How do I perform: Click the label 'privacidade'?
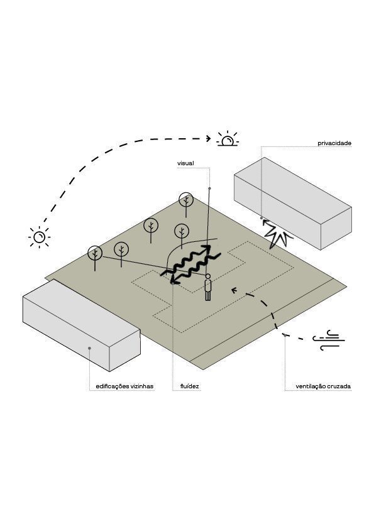point(334,143)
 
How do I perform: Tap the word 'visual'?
point(185,163)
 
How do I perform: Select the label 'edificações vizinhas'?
point(124,386)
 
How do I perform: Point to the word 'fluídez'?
point(190,386)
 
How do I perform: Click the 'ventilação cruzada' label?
point(323,386)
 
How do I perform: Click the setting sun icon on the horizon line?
point(228,139)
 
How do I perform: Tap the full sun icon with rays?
point(39,237)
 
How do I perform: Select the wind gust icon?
point(328,341)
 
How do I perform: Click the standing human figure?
point(208,287)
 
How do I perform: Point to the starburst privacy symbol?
point(277,234)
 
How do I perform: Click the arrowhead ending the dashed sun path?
point(208,138)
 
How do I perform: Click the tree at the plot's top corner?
point(186,204)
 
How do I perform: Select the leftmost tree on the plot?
point(95,258)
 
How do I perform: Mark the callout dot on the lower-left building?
point(89,348)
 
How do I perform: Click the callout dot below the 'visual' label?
point(209,188)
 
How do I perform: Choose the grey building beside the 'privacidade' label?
point(293,204)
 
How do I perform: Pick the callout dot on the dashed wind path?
point(285,335)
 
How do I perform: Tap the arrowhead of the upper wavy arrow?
point(206,249)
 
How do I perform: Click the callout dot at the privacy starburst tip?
point(261,218)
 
